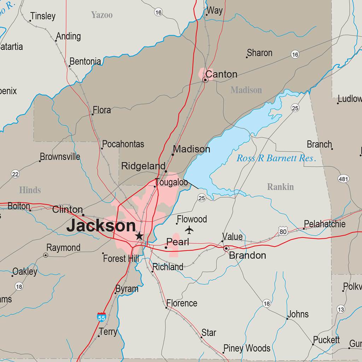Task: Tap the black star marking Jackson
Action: coord(139,236)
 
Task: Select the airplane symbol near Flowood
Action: coord(189,230)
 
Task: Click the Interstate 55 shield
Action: coord(101,317)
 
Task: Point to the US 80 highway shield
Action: coord(282,232)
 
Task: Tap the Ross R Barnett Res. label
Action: coord(276,158)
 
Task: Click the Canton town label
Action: coord(221,74)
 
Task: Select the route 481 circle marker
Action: coord(343,179)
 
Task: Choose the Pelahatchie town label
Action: coord(325,224)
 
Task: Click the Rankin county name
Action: coord(280,187)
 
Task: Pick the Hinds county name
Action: coord(30,190)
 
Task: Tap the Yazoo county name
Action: coord(102,15)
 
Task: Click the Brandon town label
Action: coord(247,255)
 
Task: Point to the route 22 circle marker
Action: coord(15,174)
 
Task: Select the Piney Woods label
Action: coord(247,348)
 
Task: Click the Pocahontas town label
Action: coord(123,144)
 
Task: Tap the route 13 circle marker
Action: coord(340,309)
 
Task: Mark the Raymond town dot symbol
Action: coord(46,255)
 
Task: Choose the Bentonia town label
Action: coord(85,62)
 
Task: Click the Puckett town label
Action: coord(326,340)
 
